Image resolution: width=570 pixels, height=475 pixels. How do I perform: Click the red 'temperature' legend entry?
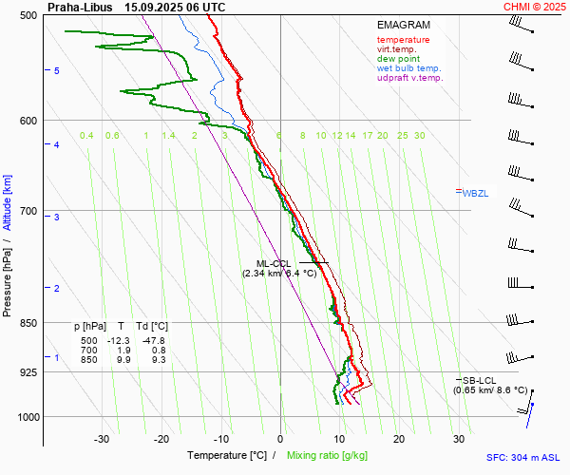pyautogui.click(x=403, y=40)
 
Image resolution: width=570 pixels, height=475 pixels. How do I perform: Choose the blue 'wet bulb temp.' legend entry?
pyautogui.click(x=408, y=68)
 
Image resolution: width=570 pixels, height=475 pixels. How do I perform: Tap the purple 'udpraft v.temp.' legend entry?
pyautogui.click(x=409, y=78)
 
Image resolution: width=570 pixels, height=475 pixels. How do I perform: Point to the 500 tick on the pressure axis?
pyautogui.click(x=28, y=15)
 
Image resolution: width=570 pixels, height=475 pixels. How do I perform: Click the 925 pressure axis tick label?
pyautogui.click(x=28, y=372)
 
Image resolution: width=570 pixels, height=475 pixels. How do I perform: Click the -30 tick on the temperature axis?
pyautogui.click(x=102, y=439)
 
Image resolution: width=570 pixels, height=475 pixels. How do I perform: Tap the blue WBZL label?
pyautogui.click(x=474, y=193)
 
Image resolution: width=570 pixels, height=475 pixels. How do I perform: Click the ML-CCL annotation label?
pyautogui.click(x=273, y=263)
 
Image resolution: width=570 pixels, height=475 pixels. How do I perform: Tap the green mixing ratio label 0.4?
pyautogui.click(x=86, y=136)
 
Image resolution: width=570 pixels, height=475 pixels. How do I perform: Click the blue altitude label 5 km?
pyautogui.click(x=57, y=71)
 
